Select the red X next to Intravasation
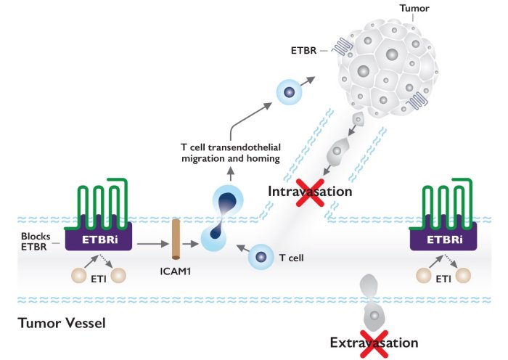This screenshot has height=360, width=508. point(308,194)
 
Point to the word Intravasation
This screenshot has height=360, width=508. point(310,192)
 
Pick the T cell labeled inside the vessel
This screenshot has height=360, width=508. point(262,257)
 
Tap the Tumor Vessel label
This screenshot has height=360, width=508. point(61,322)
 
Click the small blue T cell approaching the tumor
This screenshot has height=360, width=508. point(289,92)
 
